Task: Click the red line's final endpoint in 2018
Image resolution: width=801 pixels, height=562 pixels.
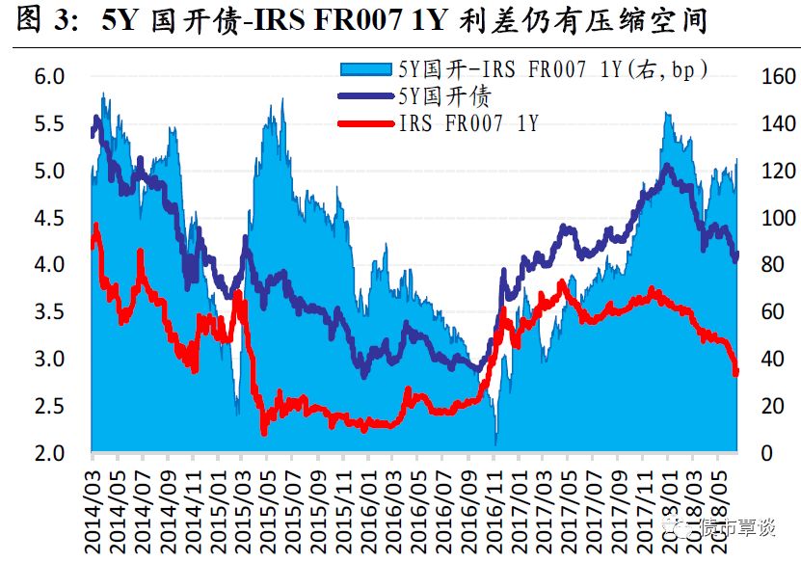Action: (736, 373)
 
